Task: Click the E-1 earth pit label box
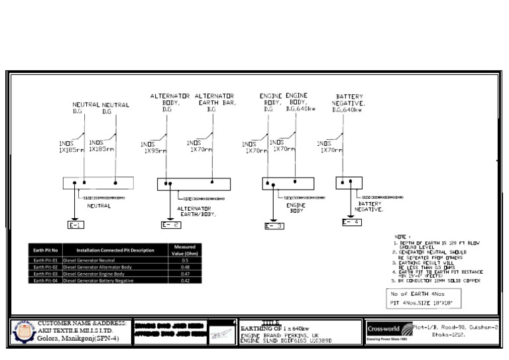coord(76,225)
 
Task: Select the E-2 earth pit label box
coord(170,225)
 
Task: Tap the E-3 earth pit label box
coord(274,226)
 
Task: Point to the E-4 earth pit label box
coord(352,222)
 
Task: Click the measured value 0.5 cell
coord(186,261)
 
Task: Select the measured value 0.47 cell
coord(186,274)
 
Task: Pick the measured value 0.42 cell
coord(186,280)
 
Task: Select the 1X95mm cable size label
coord(155,150)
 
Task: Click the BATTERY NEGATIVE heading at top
coord(349,103)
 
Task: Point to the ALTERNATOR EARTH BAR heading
coord(215,103)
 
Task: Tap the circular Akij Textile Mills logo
coord(24,332)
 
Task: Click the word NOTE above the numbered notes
coord(401,237)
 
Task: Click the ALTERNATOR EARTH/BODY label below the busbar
coord(196,211)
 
